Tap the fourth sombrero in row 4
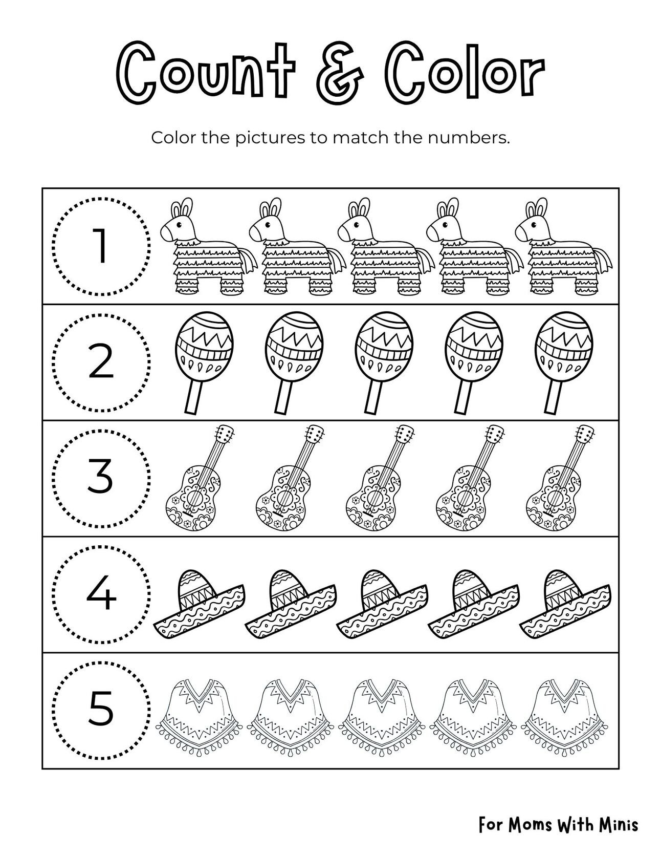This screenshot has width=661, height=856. pos(473,604)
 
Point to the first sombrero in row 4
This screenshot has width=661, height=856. pos(199,604)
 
